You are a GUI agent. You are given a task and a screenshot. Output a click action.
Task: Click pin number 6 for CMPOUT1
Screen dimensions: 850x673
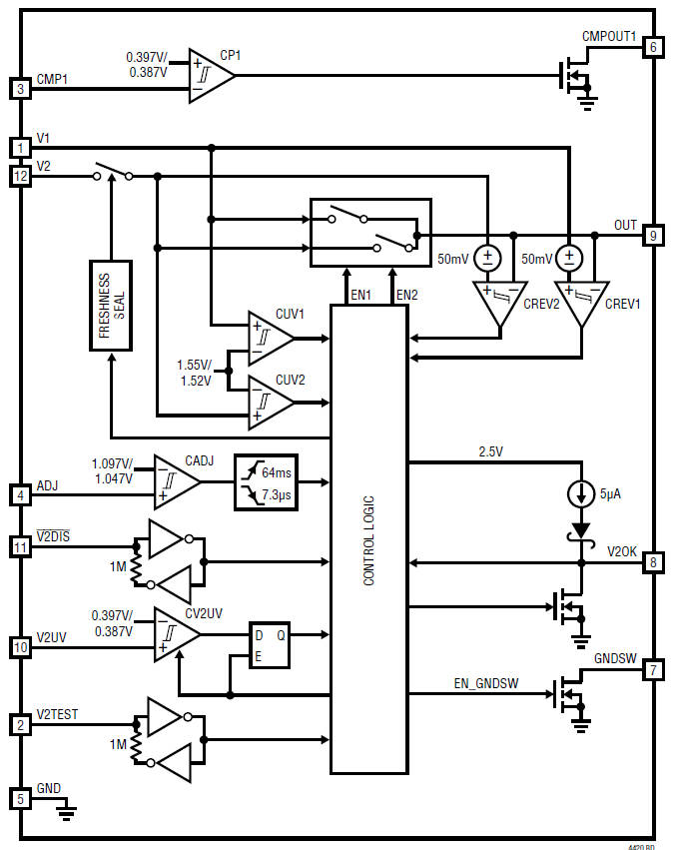pos(652,47)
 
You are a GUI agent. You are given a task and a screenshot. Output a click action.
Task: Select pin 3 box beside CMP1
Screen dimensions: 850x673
pos(20,89)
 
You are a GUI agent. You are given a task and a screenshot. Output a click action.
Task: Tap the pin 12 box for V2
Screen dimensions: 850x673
pos(20,176)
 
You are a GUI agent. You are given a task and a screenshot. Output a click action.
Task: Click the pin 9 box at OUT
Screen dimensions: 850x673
pos(652,235)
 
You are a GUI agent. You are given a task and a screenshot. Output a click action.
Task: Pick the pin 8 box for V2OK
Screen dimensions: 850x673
pos(652,563)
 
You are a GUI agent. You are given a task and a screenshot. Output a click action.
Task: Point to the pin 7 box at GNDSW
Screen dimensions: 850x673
pos(652,669)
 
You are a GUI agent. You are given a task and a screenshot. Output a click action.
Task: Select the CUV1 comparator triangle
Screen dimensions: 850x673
pos(270,338)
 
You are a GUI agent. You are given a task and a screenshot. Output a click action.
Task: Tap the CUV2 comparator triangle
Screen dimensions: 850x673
pos(270,402)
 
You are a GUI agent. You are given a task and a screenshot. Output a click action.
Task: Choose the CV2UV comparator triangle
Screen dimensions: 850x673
pos(176,634)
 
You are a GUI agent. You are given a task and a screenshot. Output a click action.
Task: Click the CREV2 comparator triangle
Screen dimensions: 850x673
pos(496,303)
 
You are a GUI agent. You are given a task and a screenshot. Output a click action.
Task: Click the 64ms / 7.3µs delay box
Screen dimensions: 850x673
pos(265,482)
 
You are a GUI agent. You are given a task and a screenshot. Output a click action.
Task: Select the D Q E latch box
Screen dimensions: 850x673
pos(270,645)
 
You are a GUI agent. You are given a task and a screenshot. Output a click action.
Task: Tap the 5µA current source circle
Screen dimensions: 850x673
pos(579,493)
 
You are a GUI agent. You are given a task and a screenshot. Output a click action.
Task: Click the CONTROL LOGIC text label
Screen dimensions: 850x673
pos(369,539)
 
